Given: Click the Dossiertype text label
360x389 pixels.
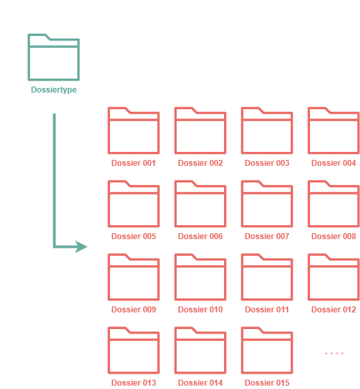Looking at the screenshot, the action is point(53,89).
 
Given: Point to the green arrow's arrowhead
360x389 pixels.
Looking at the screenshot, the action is point(81,246).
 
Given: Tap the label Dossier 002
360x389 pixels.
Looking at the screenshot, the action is point(201,163).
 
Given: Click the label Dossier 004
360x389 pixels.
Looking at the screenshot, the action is point(334,163).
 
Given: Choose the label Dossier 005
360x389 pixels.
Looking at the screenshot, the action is point(133,236).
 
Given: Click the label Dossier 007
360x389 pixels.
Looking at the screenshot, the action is point(267,236).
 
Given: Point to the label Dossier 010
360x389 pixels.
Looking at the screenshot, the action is point(201,309).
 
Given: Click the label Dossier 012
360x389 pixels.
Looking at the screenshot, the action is point(334,309).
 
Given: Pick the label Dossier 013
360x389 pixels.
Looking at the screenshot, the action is point(133,382).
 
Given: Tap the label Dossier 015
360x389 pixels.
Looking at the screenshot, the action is point(267,382).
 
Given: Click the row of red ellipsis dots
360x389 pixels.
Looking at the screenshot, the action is point(334,353).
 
